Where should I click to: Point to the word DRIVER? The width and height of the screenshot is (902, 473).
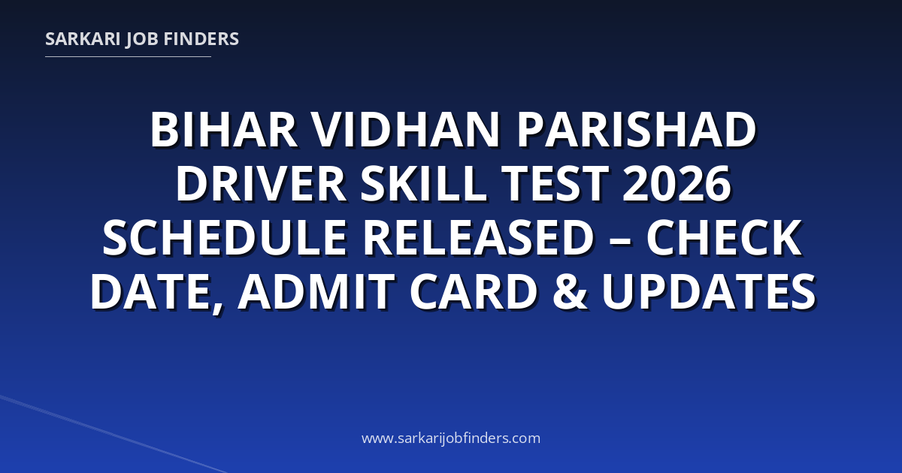pyautogui.click(x=261, y=183)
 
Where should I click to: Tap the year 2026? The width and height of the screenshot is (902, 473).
pyautogui.click(x=676, y=183)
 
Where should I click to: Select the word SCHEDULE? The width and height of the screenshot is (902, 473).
pyautogui.click(x=225, y=237)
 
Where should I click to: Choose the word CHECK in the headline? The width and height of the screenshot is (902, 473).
pyautogui.click(x=724, y=237)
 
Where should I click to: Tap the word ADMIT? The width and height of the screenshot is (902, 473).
pyautogui.click(x=316, y=291)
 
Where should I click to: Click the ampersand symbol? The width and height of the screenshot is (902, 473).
pyautogui.click(x=571, y=291)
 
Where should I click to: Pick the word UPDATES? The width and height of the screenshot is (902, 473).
pyautogui.click(x=709, y=291)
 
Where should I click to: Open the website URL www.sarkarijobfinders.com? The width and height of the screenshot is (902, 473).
pyautogui.click(x=451, y=438)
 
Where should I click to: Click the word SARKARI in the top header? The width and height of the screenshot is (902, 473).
pyautogui.click(x=83, y=39)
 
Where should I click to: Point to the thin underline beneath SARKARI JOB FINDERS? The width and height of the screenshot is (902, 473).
pyautogui.click(x=128, y=57)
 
